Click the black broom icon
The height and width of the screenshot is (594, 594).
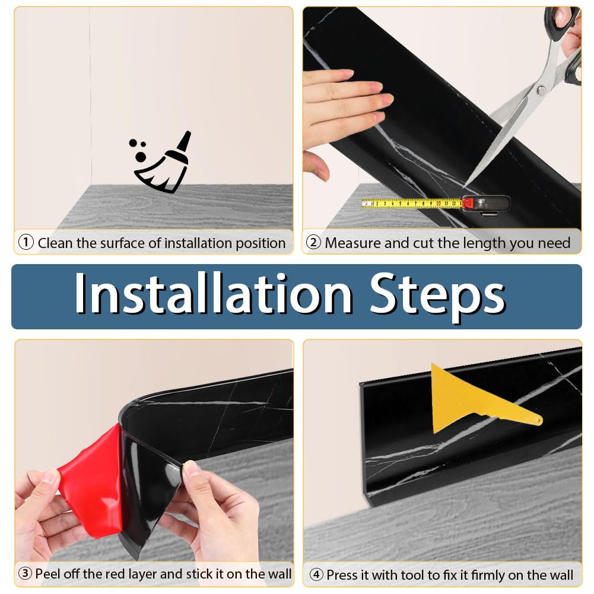click(161, 164)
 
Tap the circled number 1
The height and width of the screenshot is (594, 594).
click(26, 242)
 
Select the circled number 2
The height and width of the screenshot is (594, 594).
click(313, 242)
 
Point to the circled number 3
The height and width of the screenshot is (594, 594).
click(25, 573)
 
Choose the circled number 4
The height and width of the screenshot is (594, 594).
click(316, 574)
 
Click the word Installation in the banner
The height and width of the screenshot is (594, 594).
click(213, 293)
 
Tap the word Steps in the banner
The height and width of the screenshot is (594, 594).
click(437, 298)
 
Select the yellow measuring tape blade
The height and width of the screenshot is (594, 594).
click(412, 204)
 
